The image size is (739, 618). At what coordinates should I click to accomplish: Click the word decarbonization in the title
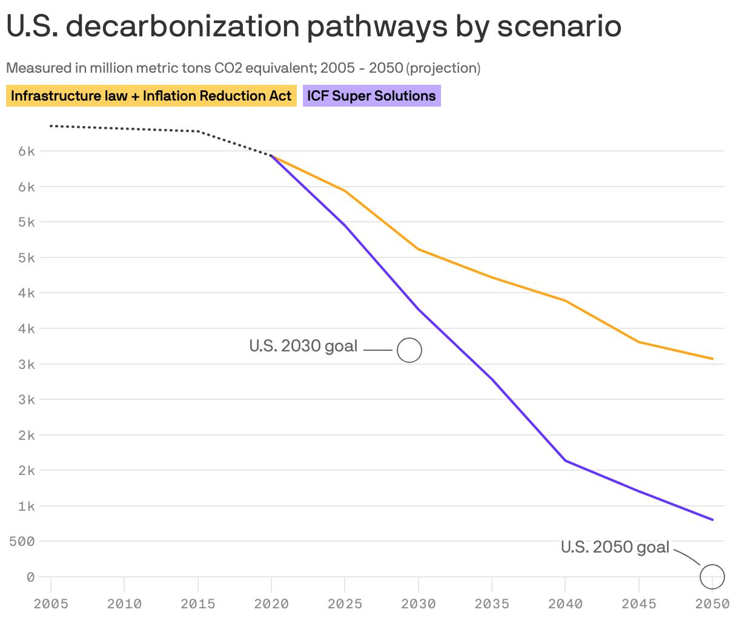178,27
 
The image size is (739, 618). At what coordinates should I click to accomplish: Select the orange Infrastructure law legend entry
151,96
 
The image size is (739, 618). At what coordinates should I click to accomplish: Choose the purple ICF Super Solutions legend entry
371,96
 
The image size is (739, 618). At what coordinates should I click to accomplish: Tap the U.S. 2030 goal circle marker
409,350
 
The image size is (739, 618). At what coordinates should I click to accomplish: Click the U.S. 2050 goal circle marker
712,576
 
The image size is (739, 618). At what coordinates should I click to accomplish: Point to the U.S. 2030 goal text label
303,346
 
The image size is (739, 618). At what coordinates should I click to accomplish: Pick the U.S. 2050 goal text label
615,547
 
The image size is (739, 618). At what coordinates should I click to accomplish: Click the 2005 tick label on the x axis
51,603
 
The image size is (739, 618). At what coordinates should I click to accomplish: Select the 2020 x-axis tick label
271,603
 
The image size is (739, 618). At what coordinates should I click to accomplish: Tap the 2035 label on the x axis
492,603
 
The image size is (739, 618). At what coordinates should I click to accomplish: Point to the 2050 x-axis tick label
712,603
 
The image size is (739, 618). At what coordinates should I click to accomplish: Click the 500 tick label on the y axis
21,541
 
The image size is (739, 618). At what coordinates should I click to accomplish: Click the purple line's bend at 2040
565,460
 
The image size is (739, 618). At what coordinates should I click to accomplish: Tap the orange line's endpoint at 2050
712,359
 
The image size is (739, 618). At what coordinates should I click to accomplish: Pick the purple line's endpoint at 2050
712,520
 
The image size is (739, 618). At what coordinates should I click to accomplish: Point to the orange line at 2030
419,249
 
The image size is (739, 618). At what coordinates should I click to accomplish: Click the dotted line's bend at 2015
198,131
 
